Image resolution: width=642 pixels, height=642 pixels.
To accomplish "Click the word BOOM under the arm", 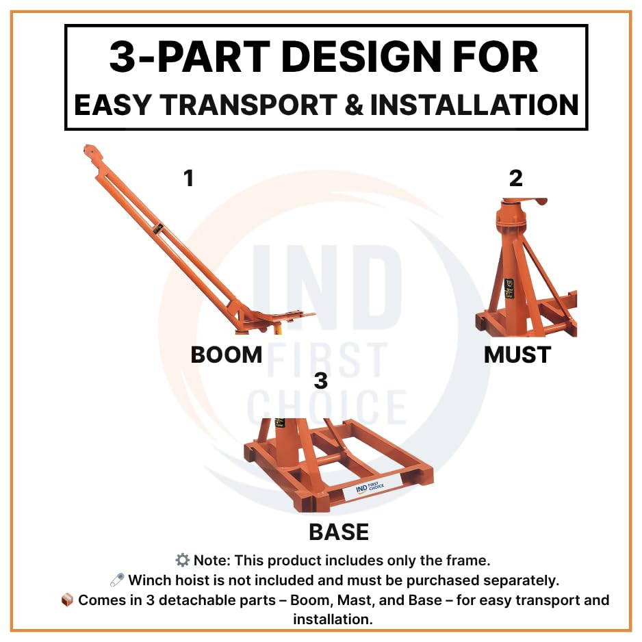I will [x=226, y=355].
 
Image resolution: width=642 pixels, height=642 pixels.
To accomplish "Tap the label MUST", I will [x=517, y=355].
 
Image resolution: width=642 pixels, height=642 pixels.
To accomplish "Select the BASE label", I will [x=339, y=532].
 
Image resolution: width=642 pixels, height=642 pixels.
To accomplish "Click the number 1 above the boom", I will [x=188, y=179].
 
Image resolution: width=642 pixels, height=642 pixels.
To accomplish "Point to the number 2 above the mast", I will [x=515, y=179].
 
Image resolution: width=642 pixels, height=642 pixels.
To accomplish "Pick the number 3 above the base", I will [x=320, y=381].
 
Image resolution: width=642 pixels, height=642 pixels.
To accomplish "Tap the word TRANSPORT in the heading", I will [x=246, y=105].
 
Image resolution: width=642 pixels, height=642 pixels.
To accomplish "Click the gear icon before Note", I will [x=182, y=561].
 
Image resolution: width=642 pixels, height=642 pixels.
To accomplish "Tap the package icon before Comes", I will [x=67, y=600].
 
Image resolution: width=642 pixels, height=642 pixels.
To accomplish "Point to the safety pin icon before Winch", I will [x=117, y=580].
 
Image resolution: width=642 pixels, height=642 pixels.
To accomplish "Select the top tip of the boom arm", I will [x=88, y=149].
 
